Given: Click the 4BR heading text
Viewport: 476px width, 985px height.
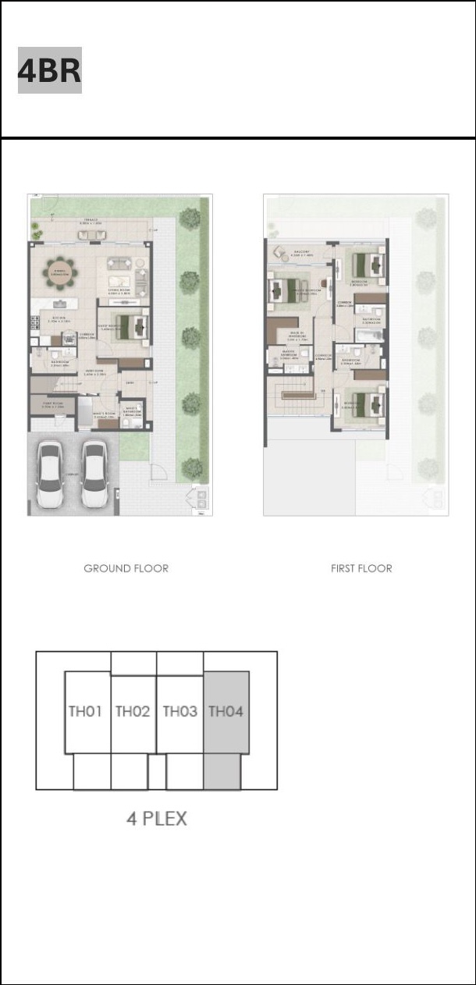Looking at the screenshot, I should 50,71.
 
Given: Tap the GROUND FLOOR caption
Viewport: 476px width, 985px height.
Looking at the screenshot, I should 126,568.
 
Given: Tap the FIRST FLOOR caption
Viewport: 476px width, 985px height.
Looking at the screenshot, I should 361,568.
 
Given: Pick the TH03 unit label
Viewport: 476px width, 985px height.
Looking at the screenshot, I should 180,711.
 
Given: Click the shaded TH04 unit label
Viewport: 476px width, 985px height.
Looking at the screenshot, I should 226,711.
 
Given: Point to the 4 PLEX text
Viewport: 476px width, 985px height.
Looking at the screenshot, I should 157,819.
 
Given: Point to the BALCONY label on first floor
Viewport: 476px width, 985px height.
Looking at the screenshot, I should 302,253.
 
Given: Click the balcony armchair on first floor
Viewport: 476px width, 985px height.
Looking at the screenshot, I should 279,253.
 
